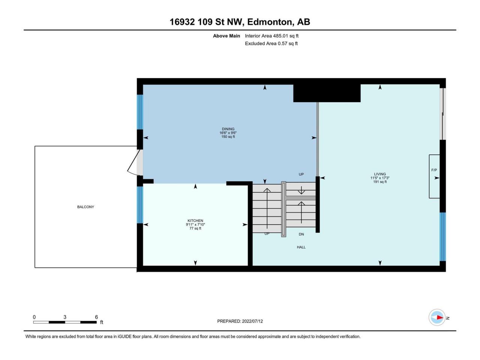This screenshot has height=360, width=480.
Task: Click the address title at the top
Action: point(240,22)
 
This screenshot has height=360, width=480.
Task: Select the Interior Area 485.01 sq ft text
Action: point(271,36)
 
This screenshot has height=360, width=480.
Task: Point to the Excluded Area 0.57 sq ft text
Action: point(271,43)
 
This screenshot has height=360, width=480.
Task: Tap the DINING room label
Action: point(228,129)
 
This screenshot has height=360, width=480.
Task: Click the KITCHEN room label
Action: point(195,221)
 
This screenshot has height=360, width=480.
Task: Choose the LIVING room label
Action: point(380,174)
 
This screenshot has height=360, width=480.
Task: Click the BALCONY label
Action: point(85,207)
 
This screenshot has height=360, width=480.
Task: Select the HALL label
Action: point(301,247)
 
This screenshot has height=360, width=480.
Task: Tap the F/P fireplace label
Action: point(434,170)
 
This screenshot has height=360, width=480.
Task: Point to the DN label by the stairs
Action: point(301,234)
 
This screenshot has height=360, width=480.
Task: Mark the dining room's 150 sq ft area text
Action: point(228,137)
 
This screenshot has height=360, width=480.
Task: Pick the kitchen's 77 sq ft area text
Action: point(195,228)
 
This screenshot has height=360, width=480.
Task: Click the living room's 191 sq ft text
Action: point(380,182)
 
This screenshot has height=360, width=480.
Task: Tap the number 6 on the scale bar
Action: point(96,317)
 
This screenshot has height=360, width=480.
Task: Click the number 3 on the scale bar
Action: point(65,317)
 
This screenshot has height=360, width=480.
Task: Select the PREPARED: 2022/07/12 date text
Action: point(240,321)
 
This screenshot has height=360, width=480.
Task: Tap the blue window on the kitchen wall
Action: point(140,204)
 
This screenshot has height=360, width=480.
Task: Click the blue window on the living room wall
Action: point(442,237)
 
